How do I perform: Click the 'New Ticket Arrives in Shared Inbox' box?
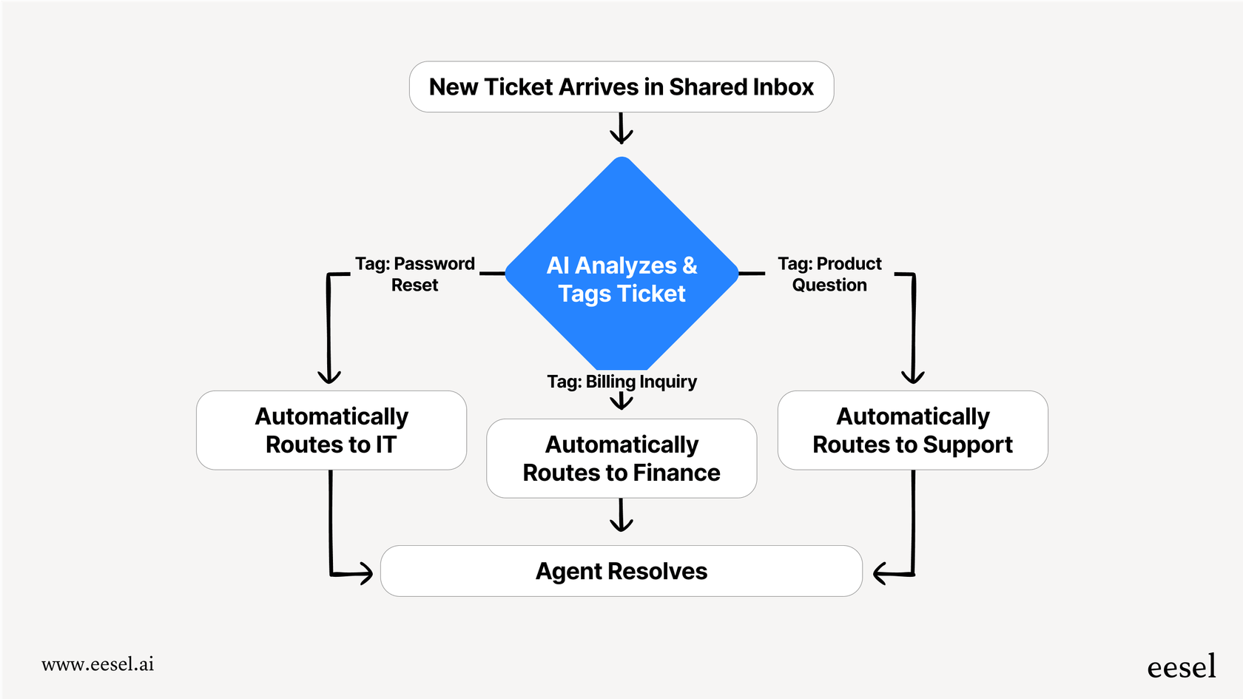[x=621, y=87]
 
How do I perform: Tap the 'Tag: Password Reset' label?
[x=414, y=274]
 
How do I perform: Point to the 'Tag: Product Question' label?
[x=829, y=274]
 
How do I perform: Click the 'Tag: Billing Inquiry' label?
[x=621, y=382]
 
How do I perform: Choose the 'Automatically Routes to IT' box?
[x=331, y=430]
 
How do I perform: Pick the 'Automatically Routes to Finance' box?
[x=621, y=459]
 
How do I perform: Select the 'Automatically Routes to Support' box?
[x=912, y=430]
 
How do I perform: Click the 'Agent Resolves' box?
[x=621, y=571]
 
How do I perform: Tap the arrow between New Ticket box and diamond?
[x=621, y=129]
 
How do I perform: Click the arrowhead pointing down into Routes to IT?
[x=329, y=376]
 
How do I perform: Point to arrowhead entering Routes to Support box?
[x=913, y=376]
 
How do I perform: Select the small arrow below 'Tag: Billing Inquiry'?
[x=621, y=401]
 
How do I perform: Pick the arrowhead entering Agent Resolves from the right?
[x=882, y=573]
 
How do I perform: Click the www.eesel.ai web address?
[x=98, y=664]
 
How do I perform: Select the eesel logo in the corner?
[x=1181, y=667]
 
